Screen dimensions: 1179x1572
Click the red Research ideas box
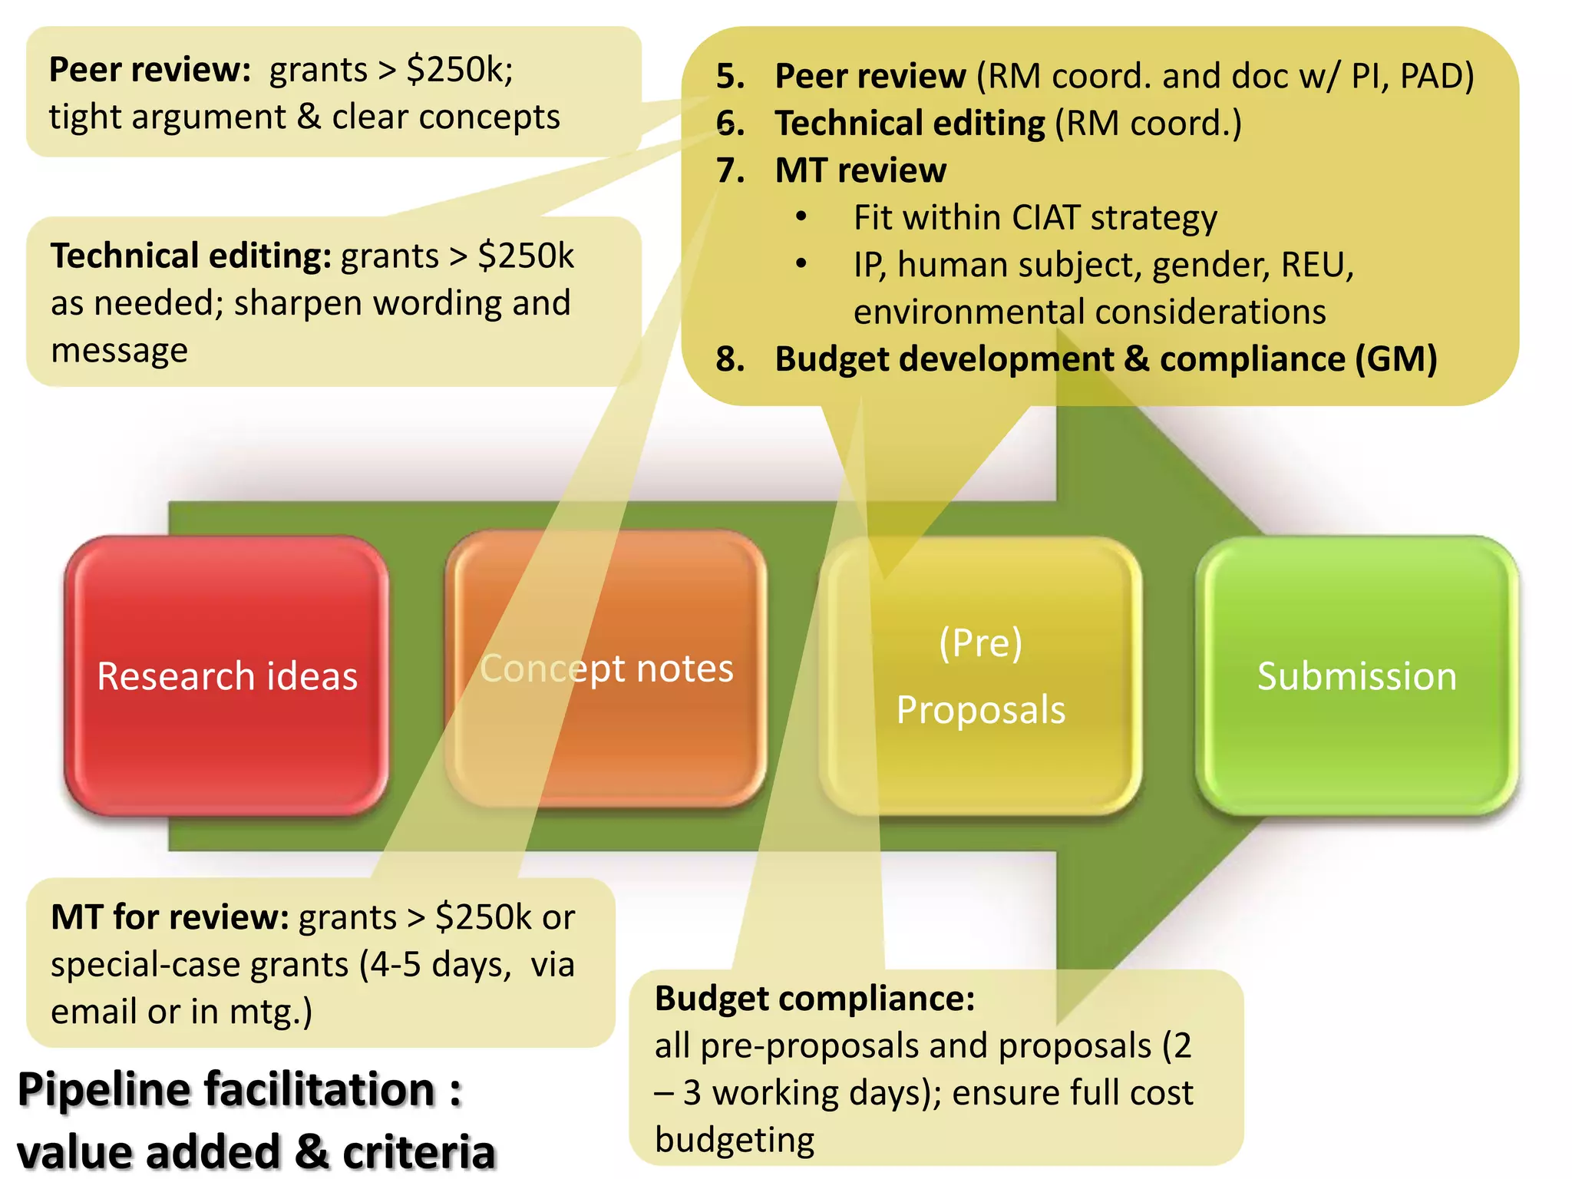[x=226, y=675]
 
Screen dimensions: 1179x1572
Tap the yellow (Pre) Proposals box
[x=980, y=675]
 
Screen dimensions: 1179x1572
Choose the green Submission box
[x=1356, y=675]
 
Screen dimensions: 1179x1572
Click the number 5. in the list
[x=730, y=76]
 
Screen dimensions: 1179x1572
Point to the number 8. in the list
[x=730, y=359]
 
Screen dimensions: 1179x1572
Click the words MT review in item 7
[x=860, y=170]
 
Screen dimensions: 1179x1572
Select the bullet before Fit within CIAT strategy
[x=801, y=217]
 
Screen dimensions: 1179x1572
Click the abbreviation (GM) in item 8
[x=1395, y=359]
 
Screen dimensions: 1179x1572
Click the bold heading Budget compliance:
[x=814, y=999]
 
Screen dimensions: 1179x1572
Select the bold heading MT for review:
[x=170, y=917]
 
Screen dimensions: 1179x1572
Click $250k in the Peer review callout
[x=459, y=70]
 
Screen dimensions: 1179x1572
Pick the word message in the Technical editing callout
[x=119, y=351]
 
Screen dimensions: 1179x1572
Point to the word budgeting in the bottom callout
[x=735, y=1140]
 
